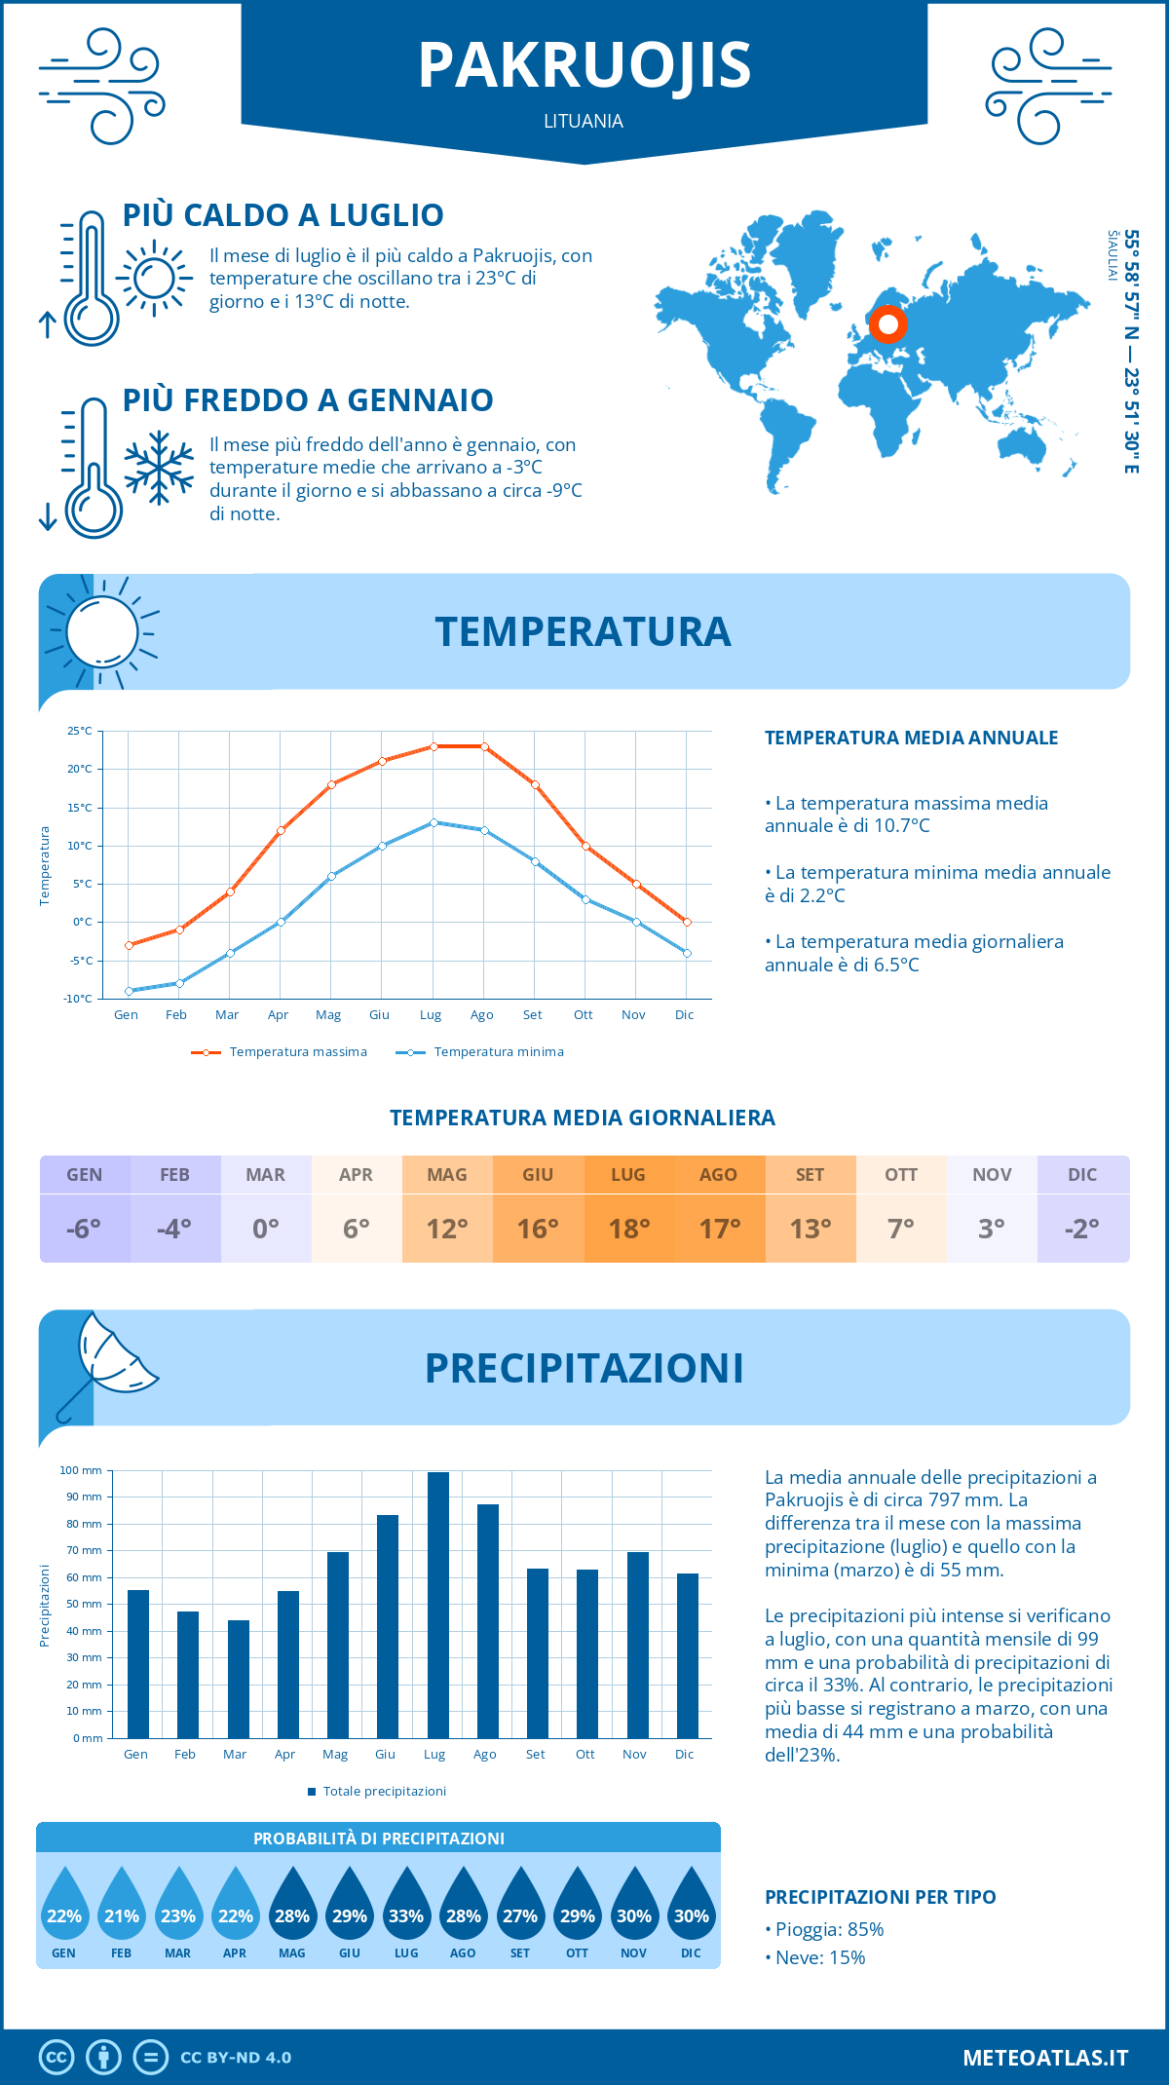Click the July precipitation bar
[437, 1605]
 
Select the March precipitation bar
[239, 1679]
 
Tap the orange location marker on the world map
[887, 324]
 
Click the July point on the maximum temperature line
[434, 746]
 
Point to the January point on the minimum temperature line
[129, 991]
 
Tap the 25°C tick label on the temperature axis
[80, 731]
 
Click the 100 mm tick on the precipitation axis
[81, 1470]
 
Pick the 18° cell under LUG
[628, 1229]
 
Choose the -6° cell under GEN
[84, 1229]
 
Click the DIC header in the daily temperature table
[1082, 1175]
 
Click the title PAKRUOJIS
[584, 66]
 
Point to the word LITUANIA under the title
[584, 121]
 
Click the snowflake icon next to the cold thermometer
[159, 468]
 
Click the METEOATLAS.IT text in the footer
[1045, 2058]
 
